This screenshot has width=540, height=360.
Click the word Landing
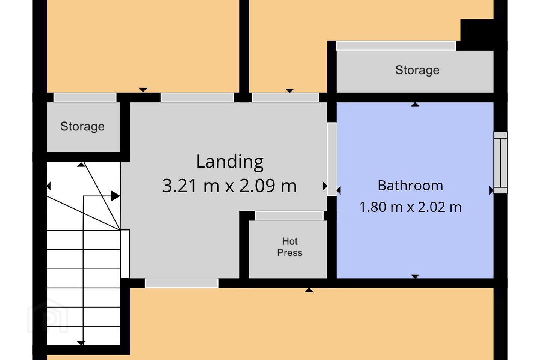230,162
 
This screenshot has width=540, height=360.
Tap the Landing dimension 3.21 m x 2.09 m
229,186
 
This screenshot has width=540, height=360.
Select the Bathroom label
410,186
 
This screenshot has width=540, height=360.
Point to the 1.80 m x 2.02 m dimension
410,207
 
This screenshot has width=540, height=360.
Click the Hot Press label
290,247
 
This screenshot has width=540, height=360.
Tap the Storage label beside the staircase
82,127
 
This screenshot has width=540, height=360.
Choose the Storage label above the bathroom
417,70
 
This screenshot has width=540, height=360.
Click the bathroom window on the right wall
501,163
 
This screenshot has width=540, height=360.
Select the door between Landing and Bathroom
332,159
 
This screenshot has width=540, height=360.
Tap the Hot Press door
289,216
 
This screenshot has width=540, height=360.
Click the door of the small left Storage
85,97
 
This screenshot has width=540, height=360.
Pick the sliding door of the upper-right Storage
396,46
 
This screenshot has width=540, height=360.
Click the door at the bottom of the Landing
181,283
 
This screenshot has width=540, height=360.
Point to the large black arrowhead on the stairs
115,196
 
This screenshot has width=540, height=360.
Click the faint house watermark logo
48,316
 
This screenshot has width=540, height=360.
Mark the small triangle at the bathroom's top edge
415,104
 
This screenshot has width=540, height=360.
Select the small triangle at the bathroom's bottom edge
415,276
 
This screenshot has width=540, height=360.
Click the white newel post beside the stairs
125,254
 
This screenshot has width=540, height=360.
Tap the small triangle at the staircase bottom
81,343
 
